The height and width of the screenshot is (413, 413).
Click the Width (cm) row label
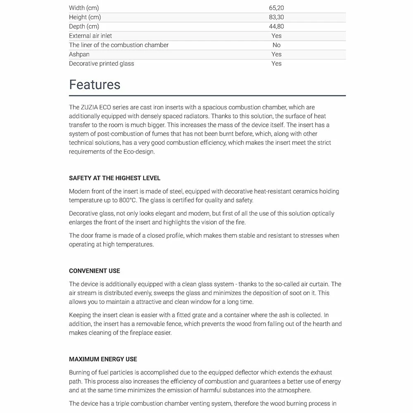(84, 8)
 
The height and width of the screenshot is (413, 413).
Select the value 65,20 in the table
(276, 8)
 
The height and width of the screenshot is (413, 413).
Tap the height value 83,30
(276, 17)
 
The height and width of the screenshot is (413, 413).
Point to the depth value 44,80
(276, 26)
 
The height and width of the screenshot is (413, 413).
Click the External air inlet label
(90, 36)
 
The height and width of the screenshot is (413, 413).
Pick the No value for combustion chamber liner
(276, 45)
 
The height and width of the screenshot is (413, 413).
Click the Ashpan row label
(79, 54)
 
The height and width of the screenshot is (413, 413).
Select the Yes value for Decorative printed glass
(276, 64)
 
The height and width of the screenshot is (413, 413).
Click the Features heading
(95, 85)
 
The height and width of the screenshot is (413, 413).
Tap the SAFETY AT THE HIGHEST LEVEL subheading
(114, 178)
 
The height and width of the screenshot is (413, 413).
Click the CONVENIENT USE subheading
(95, 271)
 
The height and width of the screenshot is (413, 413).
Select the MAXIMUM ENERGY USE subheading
(103, 359)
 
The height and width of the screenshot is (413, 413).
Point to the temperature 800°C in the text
(127, 200)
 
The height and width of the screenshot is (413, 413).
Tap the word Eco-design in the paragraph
(139, 152)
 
